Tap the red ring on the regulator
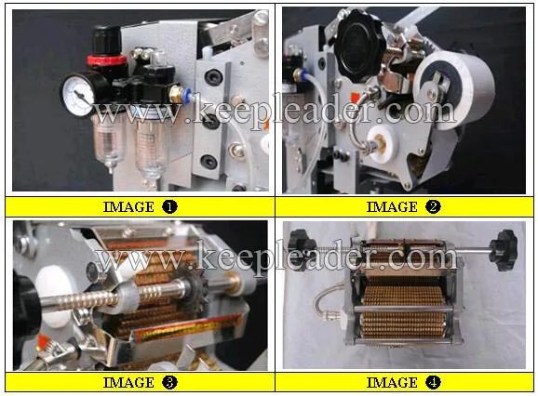pos(106,61)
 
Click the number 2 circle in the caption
pos(433,207)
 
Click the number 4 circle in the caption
pos(433,382)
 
